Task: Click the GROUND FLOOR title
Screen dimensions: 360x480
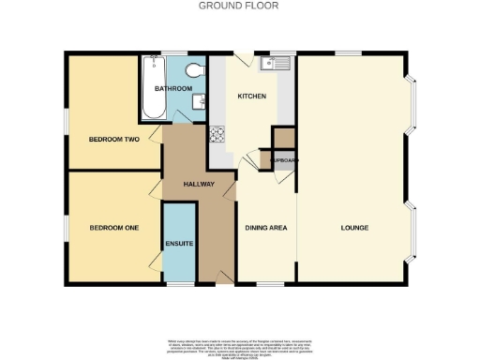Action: point(239,6)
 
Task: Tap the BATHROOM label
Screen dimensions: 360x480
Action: point(173,89)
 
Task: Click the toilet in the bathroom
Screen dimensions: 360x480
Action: point(195,69)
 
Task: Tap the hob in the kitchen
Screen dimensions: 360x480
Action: point(217,134)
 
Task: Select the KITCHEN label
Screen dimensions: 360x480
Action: point(252,97)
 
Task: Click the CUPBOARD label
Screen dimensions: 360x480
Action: point(284,160)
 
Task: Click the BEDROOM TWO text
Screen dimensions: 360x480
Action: point(113,139)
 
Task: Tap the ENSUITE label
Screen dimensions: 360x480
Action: point(179,244)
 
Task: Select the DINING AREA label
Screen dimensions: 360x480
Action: point(265,228)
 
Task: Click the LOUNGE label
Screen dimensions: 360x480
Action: point(353,228)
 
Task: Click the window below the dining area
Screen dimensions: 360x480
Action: point(270,283)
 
